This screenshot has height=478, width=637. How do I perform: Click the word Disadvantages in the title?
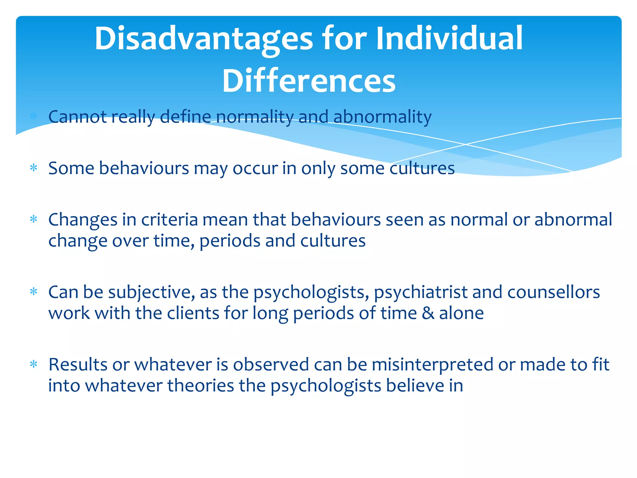(x=204, y=39)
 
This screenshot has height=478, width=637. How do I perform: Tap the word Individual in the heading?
(x=449, y=39)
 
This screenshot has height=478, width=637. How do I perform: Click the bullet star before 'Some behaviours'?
(x=34, y=168)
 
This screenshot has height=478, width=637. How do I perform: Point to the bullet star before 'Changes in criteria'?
(x=34, y=220)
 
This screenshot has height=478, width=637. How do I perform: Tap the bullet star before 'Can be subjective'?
(x=34, y=292)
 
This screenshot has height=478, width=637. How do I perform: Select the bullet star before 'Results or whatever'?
(x=34, y=364)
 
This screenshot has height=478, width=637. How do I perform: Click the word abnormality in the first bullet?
(x=382, y=117)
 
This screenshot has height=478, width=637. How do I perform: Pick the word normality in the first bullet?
(x=254, y=117)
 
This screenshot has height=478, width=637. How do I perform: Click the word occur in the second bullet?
(x=255, y=168)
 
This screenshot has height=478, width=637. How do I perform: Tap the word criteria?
(x=170, y=220)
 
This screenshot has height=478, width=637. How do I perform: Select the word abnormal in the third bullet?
(x=573, y=220)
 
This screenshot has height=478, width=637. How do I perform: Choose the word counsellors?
(x=553, y=293)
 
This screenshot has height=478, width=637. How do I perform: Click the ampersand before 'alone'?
(x=428, y=313)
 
